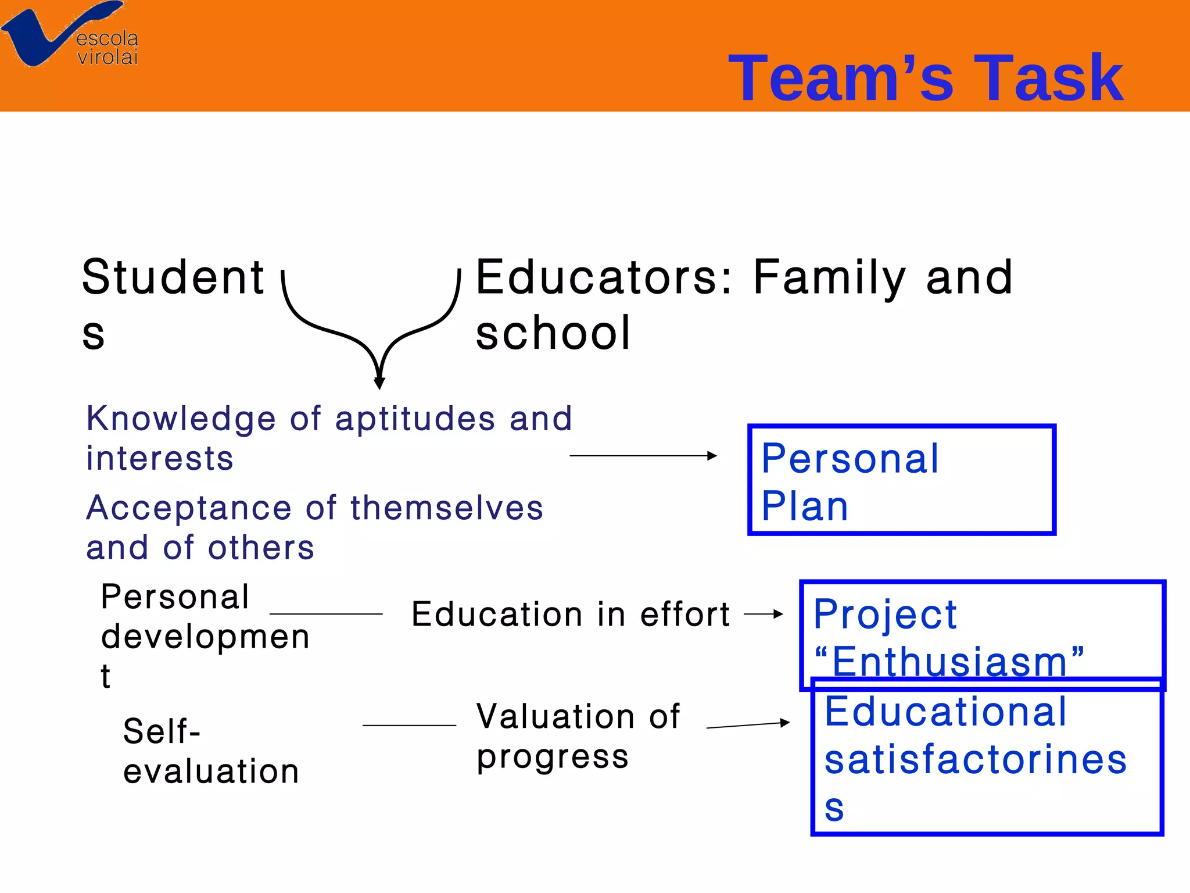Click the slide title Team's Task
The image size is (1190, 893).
click(925, 78)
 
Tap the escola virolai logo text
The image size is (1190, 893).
click(107, 48)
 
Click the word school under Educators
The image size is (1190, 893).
click(553, 333)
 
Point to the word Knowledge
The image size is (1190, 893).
click(181, 419)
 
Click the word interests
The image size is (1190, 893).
click(160, 458)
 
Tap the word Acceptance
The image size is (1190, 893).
click(188, 508)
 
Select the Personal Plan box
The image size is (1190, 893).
click(901, 480)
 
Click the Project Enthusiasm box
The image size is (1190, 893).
click(982, 635)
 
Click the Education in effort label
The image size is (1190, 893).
click(570, 615)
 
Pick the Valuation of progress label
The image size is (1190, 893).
click(577, 736)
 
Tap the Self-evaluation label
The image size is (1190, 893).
click(210, 751)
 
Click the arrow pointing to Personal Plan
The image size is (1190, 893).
click(643, 456)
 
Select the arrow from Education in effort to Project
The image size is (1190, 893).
click(764, 614)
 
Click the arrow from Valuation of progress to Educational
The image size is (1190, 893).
click(748, 725)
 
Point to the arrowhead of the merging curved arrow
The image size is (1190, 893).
click(379, 383)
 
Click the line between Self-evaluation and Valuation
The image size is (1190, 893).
click(409, 725)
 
